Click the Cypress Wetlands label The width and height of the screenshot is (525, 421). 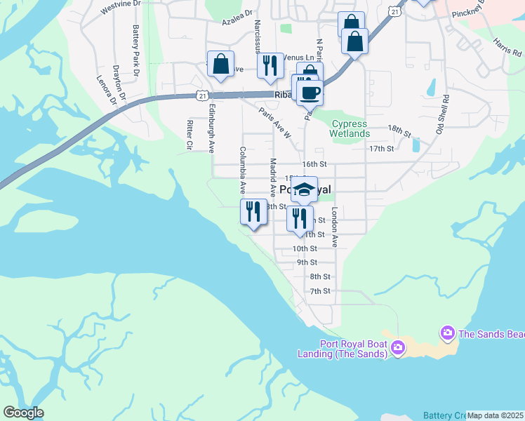point(350,129)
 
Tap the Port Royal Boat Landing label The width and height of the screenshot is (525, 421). point(353,349)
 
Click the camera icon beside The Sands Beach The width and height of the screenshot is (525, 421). point(446,331)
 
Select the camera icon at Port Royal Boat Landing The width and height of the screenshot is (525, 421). point(398,347)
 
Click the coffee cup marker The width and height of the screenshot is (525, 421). point(310,92)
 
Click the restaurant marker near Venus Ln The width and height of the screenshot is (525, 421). point(270,65)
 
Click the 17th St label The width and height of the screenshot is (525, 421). point(382,149)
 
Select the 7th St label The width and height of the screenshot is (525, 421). point(320,291)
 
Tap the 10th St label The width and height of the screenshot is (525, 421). point(305,249)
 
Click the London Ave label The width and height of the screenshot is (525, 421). point(335,226)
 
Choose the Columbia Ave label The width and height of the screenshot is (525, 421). point(242,170)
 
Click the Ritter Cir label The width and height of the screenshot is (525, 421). point(190,134)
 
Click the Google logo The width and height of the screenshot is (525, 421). point(23,413)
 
